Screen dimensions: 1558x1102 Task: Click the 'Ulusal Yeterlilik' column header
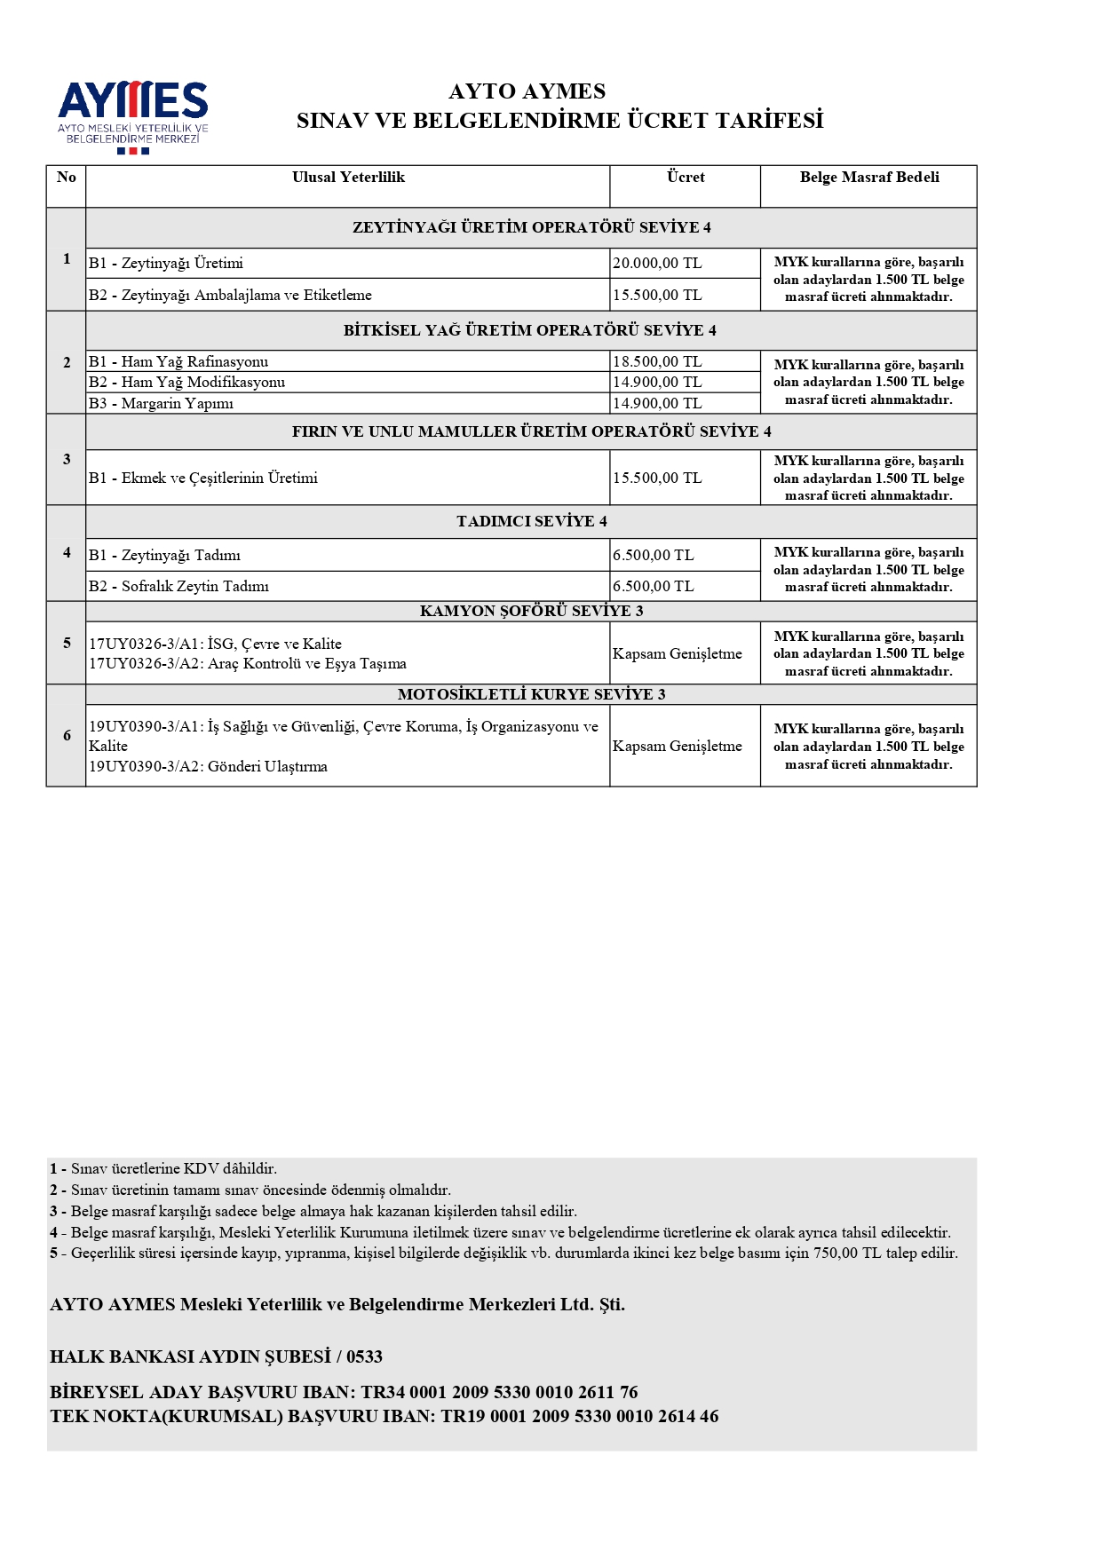pyautogui.click(x=348, y=178)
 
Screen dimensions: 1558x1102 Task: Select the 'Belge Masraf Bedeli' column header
pyautogui.click(x=868, y=178)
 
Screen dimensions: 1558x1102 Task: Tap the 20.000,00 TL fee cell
pyautogui.click(x=657, y=264)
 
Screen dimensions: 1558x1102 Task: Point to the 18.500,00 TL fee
pyautogui.click(x=657, y=362)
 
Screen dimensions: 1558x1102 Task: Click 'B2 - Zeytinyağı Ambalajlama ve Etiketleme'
pyautogui.click(x=230, y=296)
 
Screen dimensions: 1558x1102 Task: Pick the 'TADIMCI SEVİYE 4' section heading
pyautogui.click(x=531, y=522)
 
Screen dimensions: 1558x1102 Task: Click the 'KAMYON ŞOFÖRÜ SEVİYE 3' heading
pyautogui.click(x=531, y=612)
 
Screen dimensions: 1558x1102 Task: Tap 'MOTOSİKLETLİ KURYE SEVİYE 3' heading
pyautogui.click(x=531, y=695)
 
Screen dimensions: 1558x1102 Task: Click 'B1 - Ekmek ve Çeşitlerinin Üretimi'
pyautogui.click(x=202, y=478)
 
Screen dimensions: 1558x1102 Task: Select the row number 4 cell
pyautogui.click(x=67, y=553)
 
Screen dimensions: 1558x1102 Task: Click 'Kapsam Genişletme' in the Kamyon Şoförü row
pyautogui.click(x=677, y=654)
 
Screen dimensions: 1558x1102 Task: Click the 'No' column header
pyautogui.click(x=67, y=178)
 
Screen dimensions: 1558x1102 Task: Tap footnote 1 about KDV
pyautogui.click(x=163, y=1169)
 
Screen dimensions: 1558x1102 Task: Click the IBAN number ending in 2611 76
pyautogui.click(x=499, y=1392)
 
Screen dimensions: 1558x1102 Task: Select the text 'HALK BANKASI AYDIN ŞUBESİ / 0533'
pyautogui.click(x=216, y=1356)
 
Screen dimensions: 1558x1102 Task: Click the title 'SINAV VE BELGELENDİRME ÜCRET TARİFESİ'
pyautogui.click(x=559, y=121)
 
